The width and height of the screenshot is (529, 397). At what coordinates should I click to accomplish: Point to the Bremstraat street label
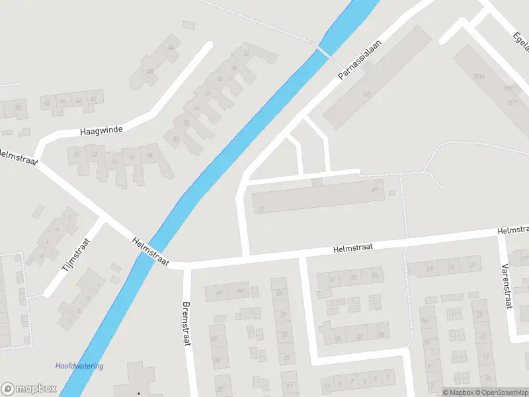186,324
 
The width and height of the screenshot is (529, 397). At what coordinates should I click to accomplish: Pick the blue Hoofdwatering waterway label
79,366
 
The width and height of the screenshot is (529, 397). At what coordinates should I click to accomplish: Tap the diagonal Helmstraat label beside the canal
151,252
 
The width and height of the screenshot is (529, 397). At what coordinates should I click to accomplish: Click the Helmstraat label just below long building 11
353,247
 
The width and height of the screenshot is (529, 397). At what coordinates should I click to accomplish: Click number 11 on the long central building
262,209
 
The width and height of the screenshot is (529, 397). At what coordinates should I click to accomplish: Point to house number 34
172,48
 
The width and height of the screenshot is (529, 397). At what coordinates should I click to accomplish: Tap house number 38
150,71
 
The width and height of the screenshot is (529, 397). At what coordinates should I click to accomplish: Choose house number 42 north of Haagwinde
93,99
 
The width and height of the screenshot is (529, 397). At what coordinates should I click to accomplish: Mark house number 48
46,103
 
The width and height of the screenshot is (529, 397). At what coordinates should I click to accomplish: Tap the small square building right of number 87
392,193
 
